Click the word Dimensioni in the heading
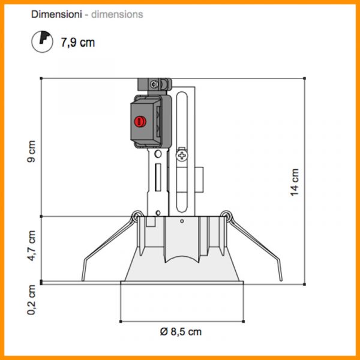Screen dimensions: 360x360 click(56, 14)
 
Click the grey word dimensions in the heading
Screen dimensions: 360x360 click(117, 14)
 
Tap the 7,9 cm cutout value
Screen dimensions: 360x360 click(77, 43)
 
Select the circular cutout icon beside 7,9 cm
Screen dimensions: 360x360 click(42, 41)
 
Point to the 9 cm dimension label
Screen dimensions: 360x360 click(31, 151)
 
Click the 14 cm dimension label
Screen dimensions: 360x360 click(295, 182)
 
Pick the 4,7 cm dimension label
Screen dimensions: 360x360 click(31, 246)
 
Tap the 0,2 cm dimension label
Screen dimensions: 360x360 click(31, 300)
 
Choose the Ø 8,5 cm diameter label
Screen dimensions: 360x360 click(181, 332)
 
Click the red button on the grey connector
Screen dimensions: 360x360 click(140, 121)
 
